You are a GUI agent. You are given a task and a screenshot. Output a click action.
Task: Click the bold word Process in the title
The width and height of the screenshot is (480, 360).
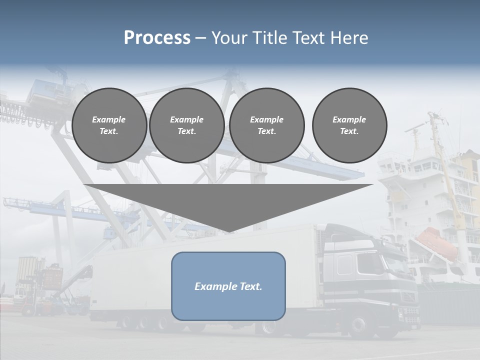pyautogui.click(x=157, y=38)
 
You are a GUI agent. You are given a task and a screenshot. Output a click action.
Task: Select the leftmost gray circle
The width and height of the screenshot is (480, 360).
pyautogui.click(x=109, y=125)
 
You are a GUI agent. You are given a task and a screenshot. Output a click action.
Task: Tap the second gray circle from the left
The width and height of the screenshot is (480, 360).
pyautogui.click(x=186, y=125)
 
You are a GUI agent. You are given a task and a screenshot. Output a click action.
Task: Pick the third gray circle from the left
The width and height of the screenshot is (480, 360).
pyautogui.click(x=266, y=125)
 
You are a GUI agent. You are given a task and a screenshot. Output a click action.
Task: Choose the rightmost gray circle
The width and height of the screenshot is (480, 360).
pyautogui.click(x=349, y=125)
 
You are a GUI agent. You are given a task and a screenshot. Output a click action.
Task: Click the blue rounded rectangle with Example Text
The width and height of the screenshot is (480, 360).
pyautogui.click(x=228, y=286)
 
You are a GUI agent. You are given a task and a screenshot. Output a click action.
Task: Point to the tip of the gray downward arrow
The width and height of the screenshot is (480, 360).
pyautogui.click(x=228, y=231)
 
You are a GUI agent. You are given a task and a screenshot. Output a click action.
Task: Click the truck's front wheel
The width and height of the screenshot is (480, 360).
pyautogui.click(x=358, y=324)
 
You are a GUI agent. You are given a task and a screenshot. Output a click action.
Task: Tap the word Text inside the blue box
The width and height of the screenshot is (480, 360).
pyautogui.click(x=250, y=286)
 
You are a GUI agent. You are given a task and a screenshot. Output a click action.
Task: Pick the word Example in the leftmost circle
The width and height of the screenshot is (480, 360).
pyautogui.click(x=108, y=119)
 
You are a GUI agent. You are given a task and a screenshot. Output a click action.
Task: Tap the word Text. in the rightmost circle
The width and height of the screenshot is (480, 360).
pyautogui.click(x=349, y=131)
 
